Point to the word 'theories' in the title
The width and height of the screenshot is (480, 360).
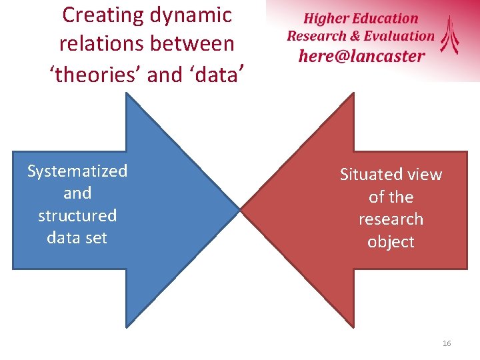[x=96, y=74]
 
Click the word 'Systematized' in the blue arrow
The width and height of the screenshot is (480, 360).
[x=77, y=171]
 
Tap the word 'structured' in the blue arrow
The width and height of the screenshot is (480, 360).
[x=77, y=215]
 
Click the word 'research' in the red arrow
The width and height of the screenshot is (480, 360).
[x=391, y=219]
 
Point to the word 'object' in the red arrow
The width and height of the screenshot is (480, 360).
[x=391, y=241]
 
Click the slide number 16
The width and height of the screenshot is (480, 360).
[x=446, y=343]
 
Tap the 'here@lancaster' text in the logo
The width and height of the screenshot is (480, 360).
[x=361, y=55]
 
